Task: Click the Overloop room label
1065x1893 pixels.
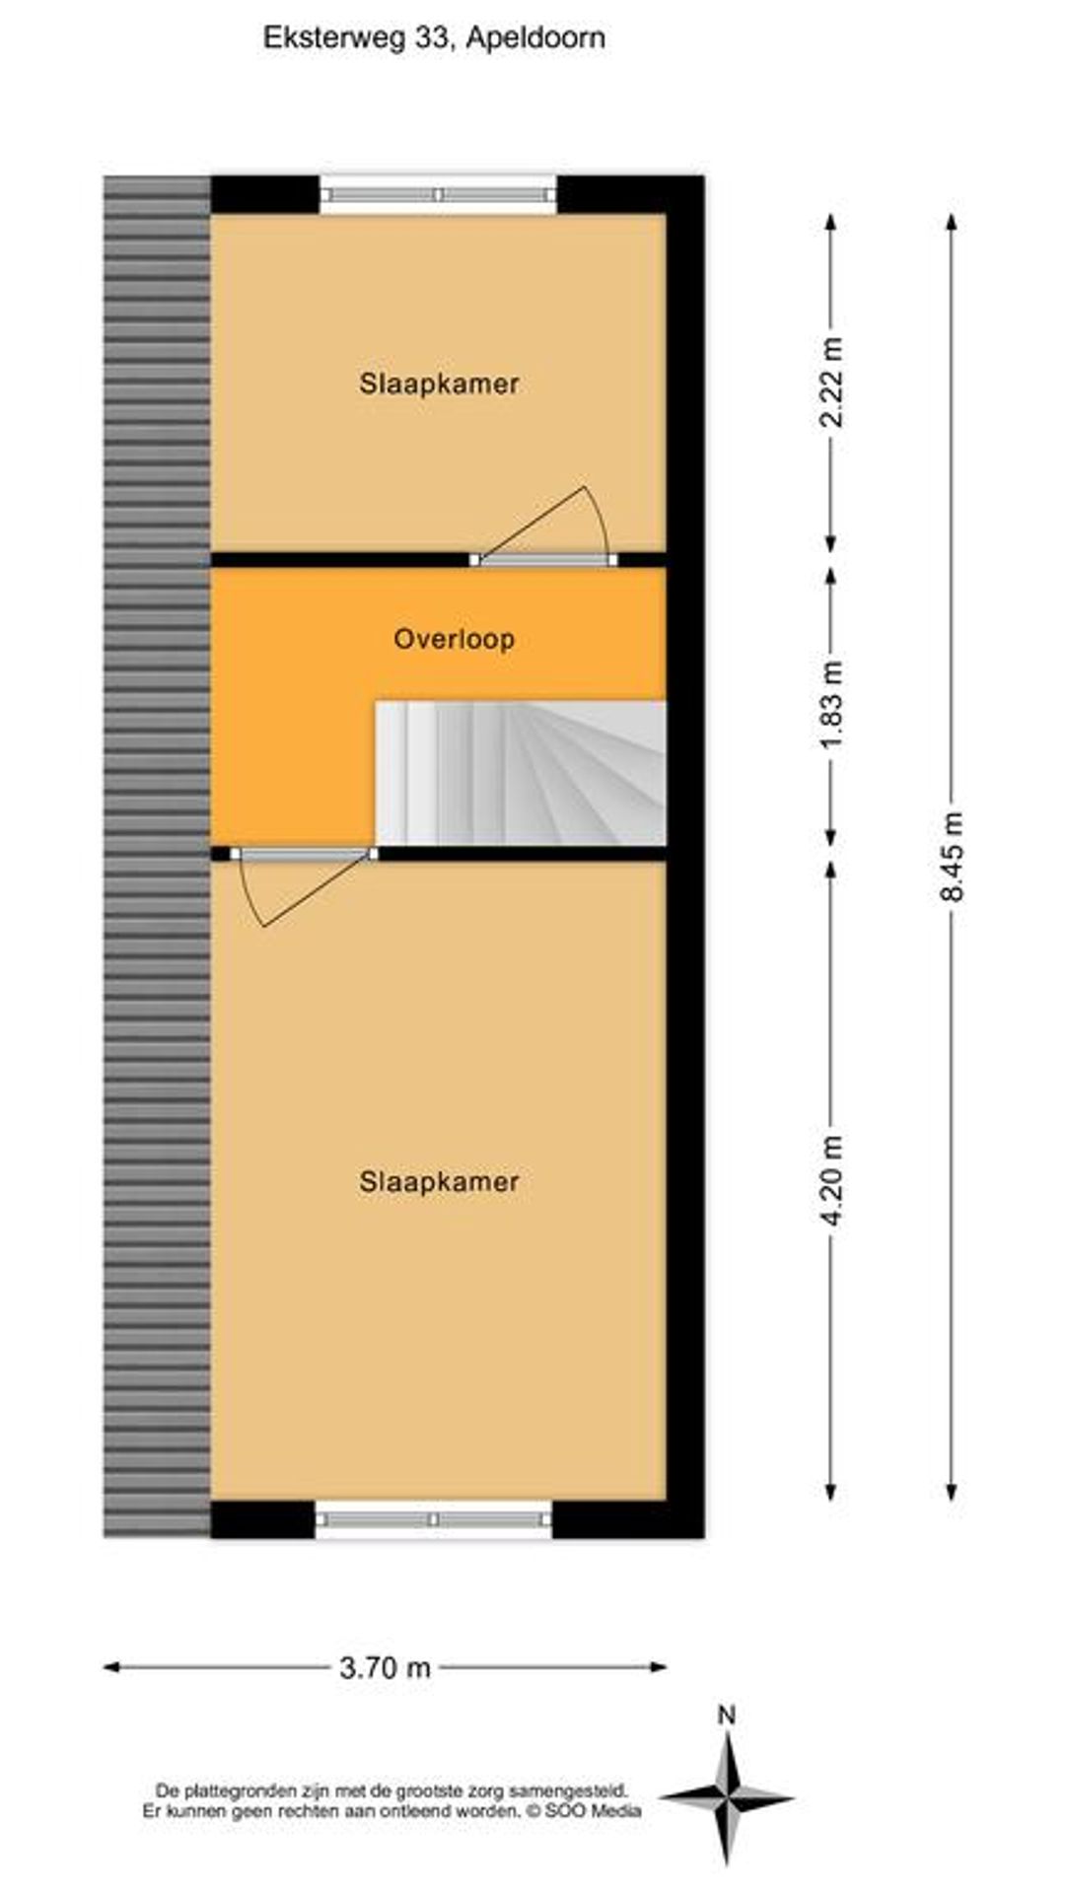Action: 454,640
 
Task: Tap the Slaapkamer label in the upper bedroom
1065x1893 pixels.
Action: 439,384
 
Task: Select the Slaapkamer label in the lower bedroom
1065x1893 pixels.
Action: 439,1181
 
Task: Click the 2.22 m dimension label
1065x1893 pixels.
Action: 833,383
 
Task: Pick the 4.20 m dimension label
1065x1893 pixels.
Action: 833,1181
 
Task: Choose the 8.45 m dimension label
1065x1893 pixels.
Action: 953,856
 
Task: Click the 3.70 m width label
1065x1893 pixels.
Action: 385,1667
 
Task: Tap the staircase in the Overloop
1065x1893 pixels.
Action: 521,773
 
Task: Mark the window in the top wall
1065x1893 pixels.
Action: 438,194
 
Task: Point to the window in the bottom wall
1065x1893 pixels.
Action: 434,1520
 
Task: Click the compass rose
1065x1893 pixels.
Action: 728,1797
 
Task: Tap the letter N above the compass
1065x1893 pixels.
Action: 727,1716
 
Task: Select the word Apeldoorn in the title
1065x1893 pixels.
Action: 535,39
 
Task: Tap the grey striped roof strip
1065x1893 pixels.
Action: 157,856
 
